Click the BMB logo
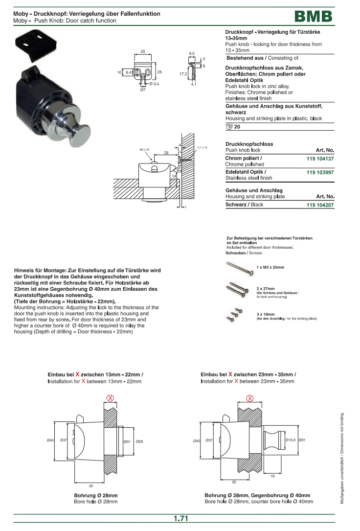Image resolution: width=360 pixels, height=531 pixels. coord(314,17)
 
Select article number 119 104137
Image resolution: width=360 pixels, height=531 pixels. coord(320,159)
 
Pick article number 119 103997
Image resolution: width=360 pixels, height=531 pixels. coord(320,173)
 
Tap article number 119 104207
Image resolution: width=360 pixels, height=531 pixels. coord(320,205)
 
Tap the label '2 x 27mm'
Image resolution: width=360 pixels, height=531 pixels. coord(266,289)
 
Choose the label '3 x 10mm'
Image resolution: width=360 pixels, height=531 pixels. coord(266,314)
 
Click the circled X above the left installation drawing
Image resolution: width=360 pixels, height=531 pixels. coord(111,398)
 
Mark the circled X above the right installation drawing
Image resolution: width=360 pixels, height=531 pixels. coord(250,398)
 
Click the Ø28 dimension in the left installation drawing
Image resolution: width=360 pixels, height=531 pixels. coord(139,441)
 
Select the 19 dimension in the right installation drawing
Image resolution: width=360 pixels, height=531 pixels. coord(272,476)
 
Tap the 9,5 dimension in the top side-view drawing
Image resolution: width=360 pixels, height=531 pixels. coord(192,53)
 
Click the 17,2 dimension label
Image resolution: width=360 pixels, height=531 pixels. coord(183,73)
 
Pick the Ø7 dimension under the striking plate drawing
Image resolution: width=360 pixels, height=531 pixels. coord(142,90)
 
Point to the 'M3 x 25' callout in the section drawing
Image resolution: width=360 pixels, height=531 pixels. coord(144,149)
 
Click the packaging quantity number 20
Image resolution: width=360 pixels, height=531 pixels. coord(237,127)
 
